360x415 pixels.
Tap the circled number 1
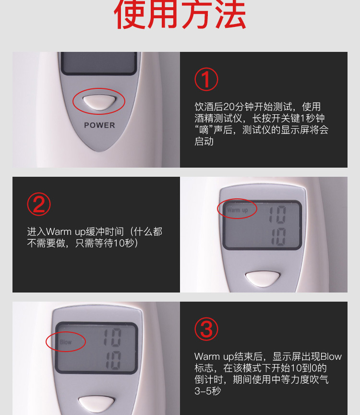pyautogui.click(x=206, y=79)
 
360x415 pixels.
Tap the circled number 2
pyautogui.click(x=39, y=204)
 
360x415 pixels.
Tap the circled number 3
pyautogui.click(x=206, y=329)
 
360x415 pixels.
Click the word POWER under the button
pyautogui.click(x=99, y=125)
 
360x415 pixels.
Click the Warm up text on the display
pyautogui.click(x=237, y=210)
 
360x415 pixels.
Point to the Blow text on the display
pyautogui.click(x=66, y=342)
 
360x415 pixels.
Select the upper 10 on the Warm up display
pyautogui.click(x=277, y=214)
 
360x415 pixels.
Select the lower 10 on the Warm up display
pyautogui.click(x=278, y=237)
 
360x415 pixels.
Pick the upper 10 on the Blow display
pyautogui.click(x=112, y=337)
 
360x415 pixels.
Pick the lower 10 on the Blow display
pyautogui.click(x=113, y=360)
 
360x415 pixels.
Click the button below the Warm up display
pyautogui.click(x=263, y=279)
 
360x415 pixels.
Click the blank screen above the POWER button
pyautogui.click(x=99, y=62)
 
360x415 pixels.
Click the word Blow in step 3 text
pyautogui.click(x=331, y=356)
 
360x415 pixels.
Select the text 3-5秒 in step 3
pyautogui.click(x=208, y=391)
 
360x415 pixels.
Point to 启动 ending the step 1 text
pyautogui.click(x=204, y=141)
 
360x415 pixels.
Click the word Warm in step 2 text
pyautogui.click(x=59, y=232)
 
